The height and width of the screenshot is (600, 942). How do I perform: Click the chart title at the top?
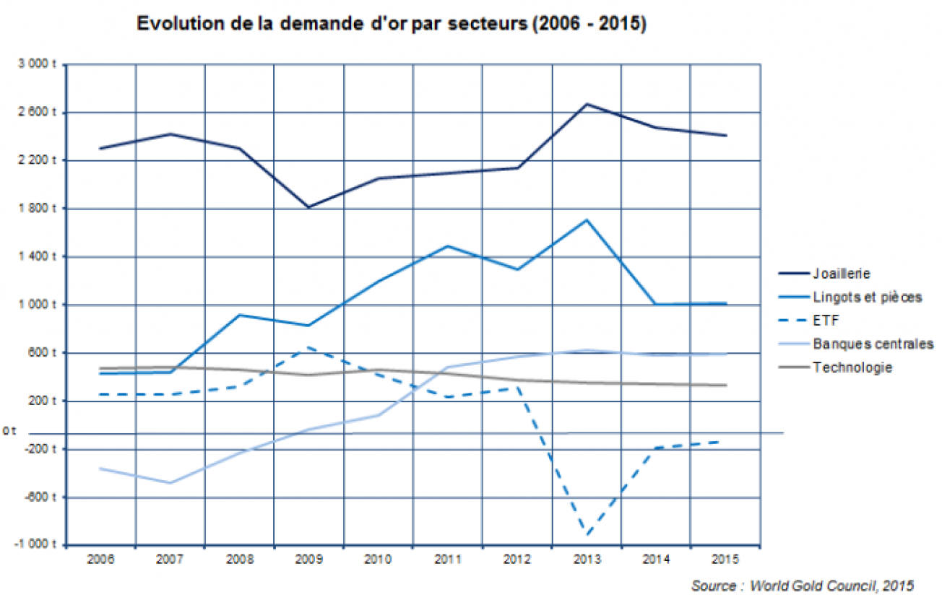coord(391,23)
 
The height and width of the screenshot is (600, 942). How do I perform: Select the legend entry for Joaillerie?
coord(841,274)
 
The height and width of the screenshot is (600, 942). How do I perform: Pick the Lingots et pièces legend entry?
coord(867,297)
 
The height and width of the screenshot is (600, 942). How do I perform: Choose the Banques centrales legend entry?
coord(873,344)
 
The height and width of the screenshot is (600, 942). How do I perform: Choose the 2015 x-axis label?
coord(725,560)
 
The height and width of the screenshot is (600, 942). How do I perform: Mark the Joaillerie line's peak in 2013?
coord(587,104)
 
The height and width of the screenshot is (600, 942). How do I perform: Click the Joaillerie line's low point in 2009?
coord(308,207)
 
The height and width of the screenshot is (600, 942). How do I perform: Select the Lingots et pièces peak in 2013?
coord(587,219)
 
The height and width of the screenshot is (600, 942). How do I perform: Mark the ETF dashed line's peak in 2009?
coord(308,347)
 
